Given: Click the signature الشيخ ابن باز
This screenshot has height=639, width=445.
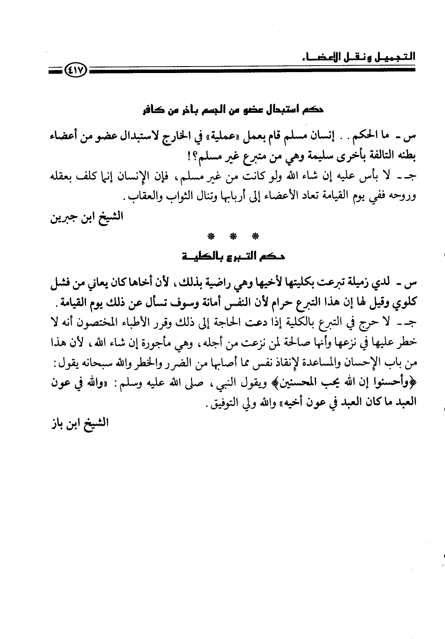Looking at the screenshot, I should [x=78, y=423].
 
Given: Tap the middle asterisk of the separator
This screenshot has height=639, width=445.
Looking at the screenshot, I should [x=234, y=237].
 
